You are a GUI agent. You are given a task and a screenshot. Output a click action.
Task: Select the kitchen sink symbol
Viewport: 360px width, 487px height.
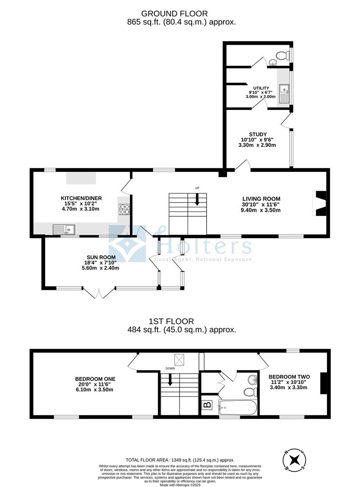coord(64,230)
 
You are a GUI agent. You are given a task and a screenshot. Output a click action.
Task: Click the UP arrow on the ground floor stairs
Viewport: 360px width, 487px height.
coord(197,198)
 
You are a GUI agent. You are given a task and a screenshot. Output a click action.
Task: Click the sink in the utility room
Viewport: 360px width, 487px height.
coord(284,94)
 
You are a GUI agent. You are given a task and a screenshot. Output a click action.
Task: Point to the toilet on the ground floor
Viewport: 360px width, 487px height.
coord(282,56)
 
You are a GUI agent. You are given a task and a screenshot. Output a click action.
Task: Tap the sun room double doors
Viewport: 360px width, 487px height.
coord(99,293)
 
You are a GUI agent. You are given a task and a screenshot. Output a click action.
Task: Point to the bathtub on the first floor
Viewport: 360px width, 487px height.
coord(237,409)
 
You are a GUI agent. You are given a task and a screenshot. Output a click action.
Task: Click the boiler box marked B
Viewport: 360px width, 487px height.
coord(207,404)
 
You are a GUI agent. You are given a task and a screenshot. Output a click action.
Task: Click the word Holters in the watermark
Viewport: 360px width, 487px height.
coord(203,246)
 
